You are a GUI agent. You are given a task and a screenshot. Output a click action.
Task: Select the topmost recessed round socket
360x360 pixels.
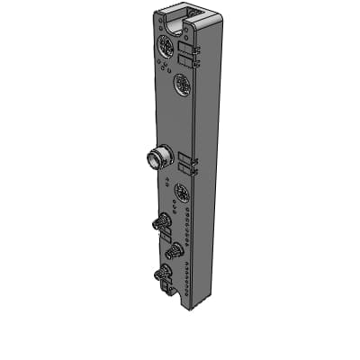click(x=165, y=46)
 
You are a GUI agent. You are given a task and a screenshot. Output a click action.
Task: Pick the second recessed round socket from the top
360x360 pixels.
click(x=181, y=85)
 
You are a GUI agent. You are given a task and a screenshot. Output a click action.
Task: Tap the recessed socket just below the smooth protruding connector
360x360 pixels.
click(x=181, y=191)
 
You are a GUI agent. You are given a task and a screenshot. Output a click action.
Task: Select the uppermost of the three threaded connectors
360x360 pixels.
click(x=163, y=221)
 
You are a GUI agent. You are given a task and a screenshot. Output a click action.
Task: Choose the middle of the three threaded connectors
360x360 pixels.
click(x=174, y=250)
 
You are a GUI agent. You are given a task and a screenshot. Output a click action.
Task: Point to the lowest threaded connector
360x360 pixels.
click(x=163, y=274)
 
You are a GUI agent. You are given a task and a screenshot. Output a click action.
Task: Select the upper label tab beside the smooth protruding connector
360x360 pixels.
click(x=187, y=157)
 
